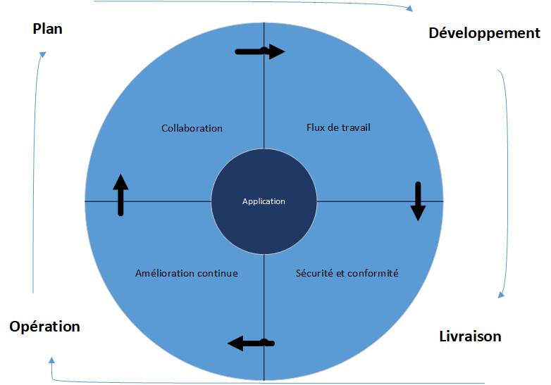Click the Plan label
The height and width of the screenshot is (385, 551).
coord(47,29)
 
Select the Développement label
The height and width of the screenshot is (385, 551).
coord(484,33)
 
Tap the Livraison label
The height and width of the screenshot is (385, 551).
coord(470,336)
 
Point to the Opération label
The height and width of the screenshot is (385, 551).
coord(44,327)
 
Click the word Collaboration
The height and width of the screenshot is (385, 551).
coord(192,128)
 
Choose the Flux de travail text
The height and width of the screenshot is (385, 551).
coord(338,127)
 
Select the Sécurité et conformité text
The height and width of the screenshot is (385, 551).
coord(347,273)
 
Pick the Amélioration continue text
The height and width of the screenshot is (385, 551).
coord(186,273)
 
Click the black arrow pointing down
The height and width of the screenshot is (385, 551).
coord(418,201)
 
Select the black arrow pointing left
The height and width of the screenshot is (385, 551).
coord(251,343)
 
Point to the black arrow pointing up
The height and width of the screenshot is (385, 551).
coord(120,194)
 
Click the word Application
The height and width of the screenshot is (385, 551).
coord(264,201)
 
